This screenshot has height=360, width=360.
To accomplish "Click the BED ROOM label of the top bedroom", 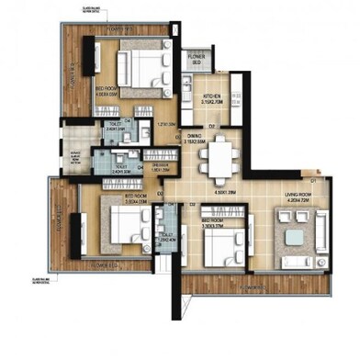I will (x=109, y=90).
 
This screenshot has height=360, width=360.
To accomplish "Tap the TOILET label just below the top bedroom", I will (x=115, y=126).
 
